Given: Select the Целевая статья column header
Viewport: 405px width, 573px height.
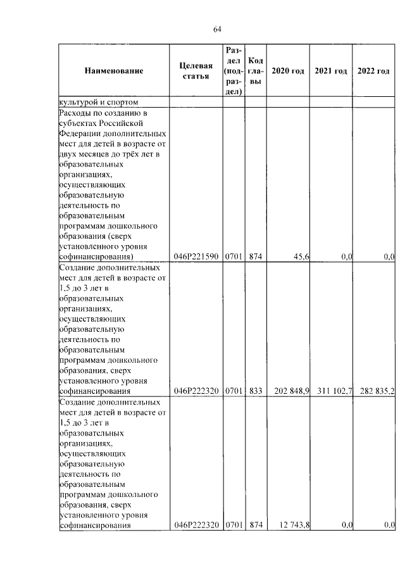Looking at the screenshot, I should [x=196, y=71].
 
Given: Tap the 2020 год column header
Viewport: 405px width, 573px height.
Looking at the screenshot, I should [x=288, y=71].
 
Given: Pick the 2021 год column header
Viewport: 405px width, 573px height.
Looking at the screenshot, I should [x=331, y=71].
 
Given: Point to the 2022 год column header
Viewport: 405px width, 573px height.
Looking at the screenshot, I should [x=373, y=71].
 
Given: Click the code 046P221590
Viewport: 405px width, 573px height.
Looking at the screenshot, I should [x=196, y=256].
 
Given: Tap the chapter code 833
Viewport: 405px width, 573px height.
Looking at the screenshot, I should [x=256, y=391].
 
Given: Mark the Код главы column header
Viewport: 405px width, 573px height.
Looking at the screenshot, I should [x=256, y=71].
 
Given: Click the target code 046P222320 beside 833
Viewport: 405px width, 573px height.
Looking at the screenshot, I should [x=196, y=391].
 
